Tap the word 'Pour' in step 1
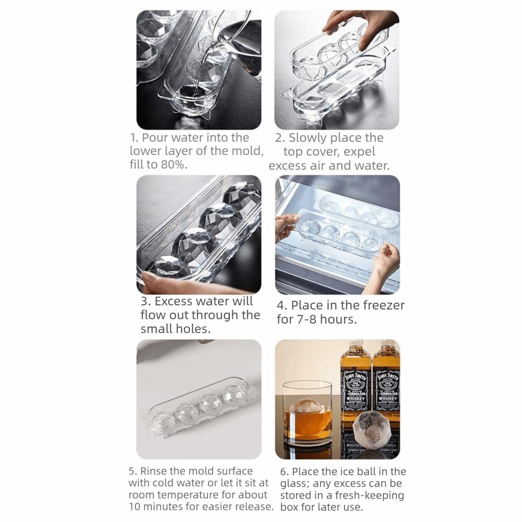point(155,137)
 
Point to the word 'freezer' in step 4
point(384,305)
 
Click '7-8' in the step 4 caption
point(305,319)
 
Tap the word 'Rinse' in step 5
point(153,471)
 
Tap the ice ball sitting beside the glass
point(371,429)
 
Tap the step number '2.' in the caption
point(280,138)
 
